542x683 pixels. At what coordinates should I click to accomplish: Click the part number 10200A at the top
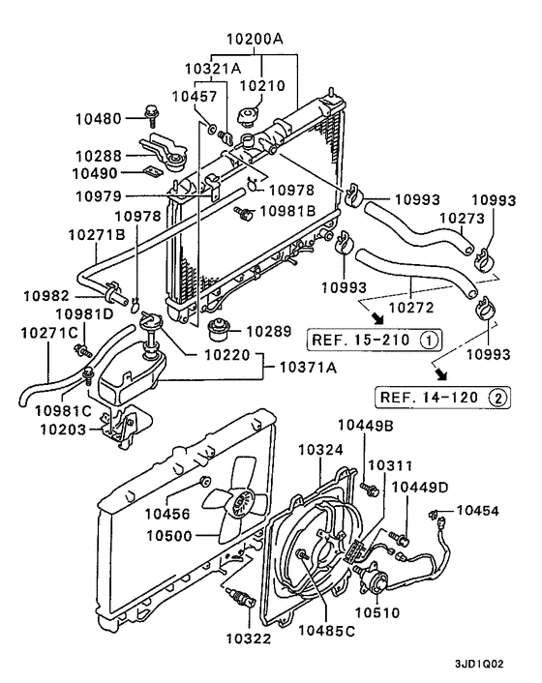coord(256,41)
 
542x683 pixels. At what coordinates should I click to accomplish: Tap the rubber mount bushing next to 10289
coord(224,330)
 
